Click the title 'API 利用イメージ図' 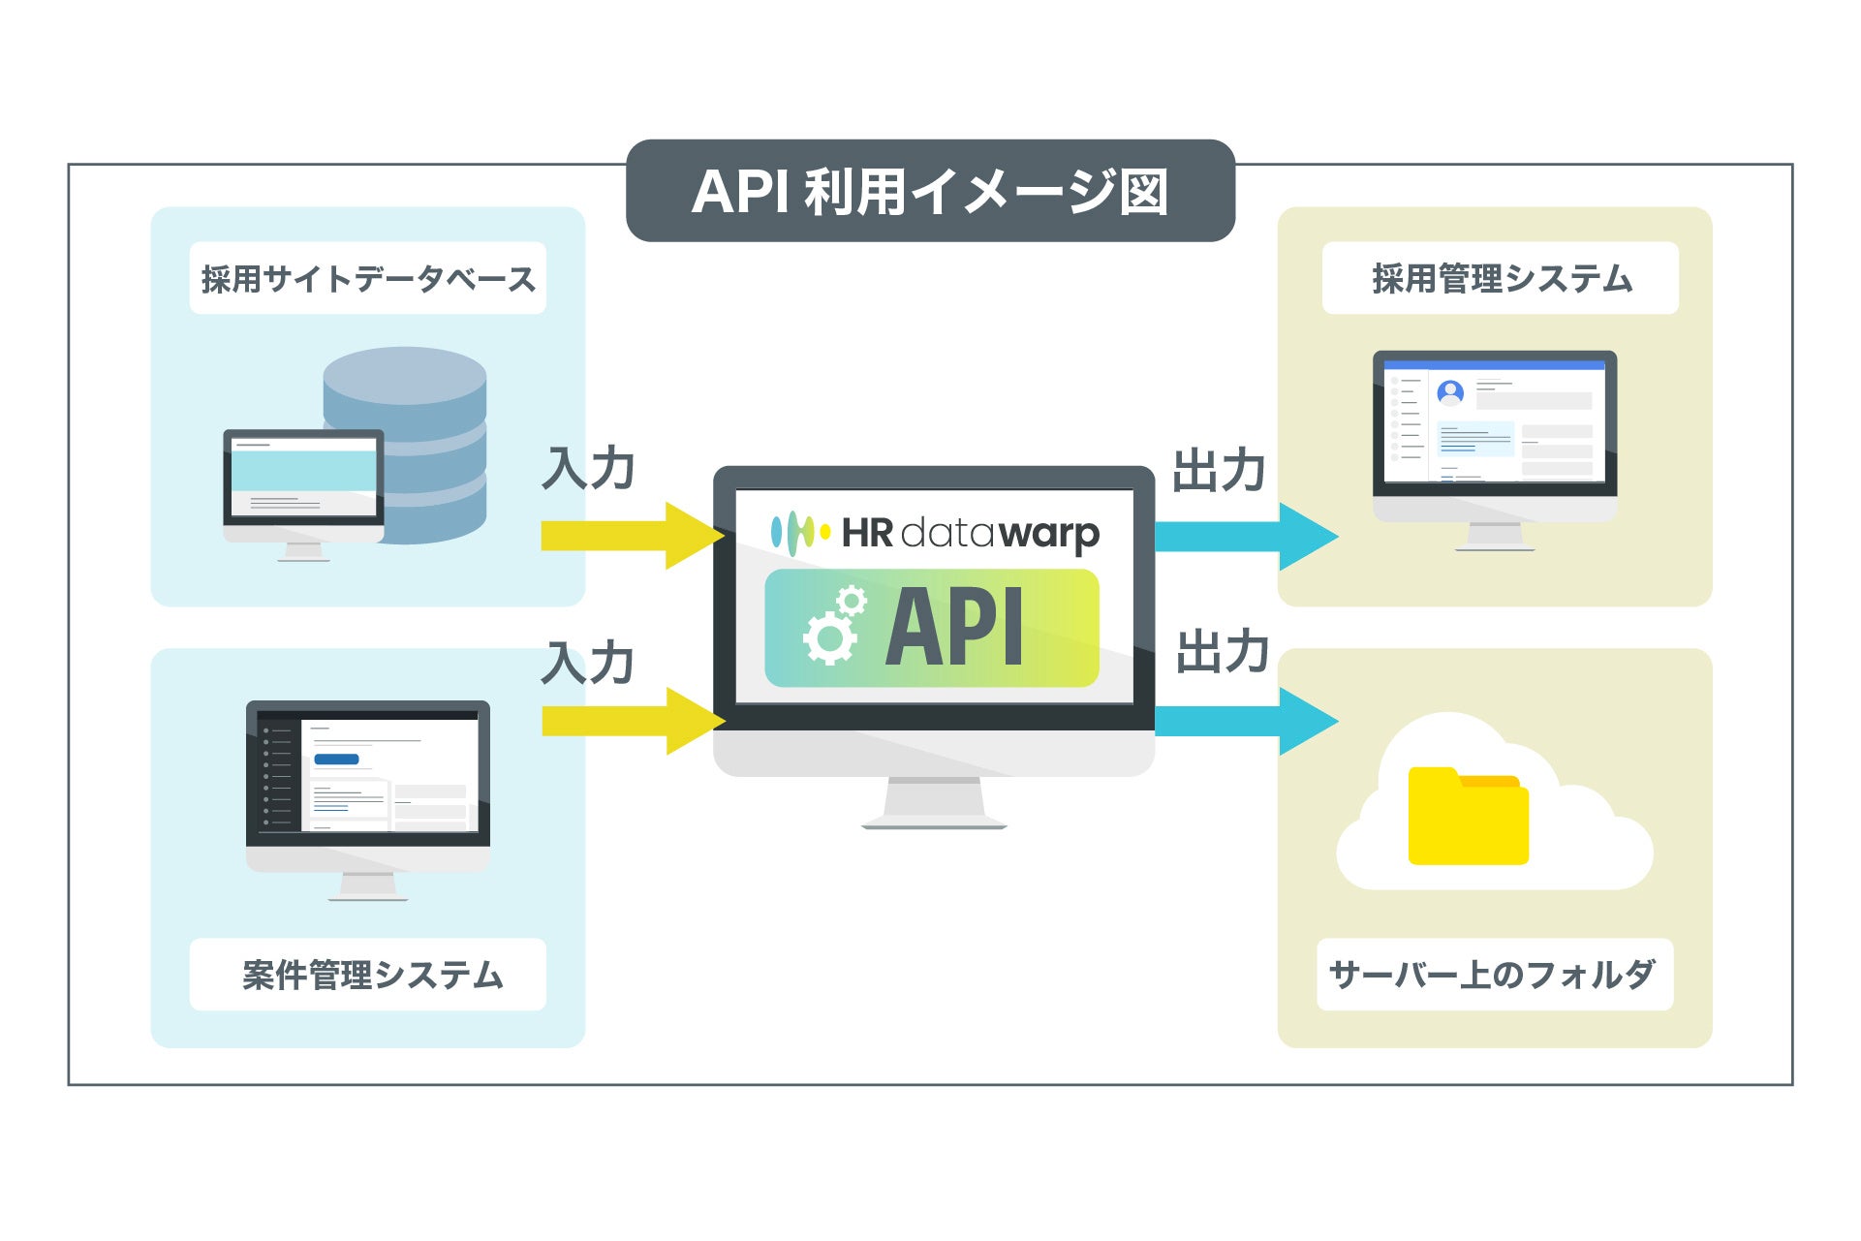(x=930, y=191)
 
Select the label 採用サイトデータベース (x=367, y=279)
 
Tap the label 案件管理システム (x=372, y=975)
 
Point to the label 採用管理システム (x=1501, y=279)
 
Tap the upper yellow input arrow (x=630, y=536)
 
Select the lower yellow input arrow (x=630, y=721)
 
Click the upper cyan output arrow (x=1245, y=536)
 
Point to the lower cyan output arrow (x=1245, y=721)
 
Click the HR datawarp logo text (x=969, y=533)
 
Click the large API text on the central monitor (x=954, y=628)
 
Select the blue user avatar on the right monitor (x=1450, y=392)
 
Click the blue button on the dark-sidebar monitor (x=336, y=760)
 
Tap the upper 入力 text (x=588, y=469)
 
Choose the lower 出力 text (x=1223, y=651)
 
